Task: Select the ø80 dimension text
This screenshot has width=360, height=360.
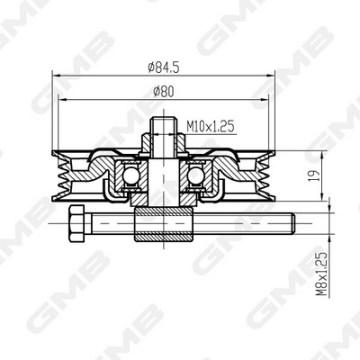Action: click(163, 91)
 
